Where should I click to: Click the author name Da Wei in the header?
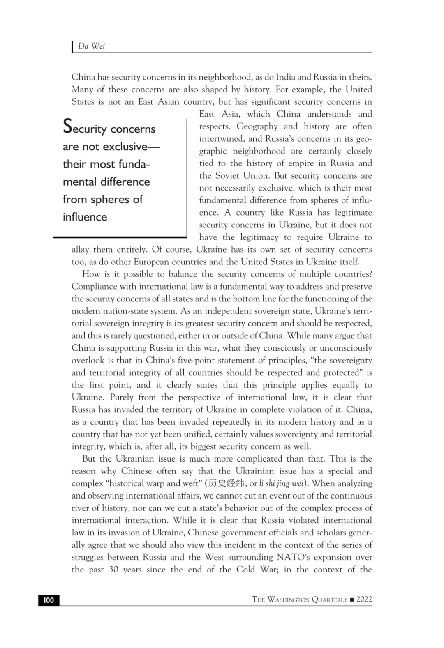pos(91,46)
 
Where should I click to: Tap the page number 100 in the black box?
pos(49,600)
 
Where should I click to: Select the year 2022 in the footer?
pos(364,599)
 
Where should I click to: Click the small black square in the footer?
pos(351,600)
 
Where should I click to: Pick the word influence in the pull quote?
pos(85,217)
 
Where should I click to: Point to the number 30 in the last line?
pos(113,570)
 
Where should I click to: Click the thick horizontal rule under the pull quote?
pos(120,237)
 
